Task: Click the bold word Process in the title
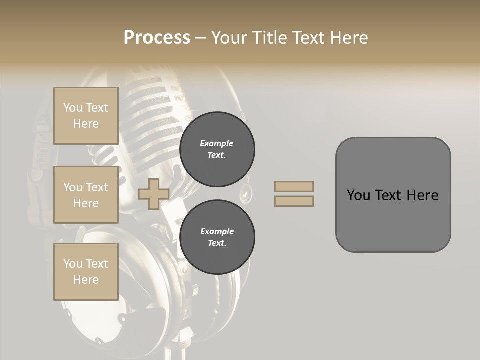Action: pos(157,38)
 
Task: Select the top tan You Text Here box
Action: pos(86,116)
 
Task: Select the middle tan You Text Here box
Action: pos(86,195)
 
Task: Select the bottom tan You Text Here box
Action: pos(86,271)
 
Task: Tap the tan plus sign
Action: pos(153,194)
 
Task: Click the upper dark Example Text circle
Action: pos(217,149)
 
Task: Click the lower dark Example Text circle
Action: pos(217,237)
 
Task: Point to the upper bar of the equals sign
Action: pos(294,186)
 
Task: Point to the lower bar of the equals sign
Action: pos(294,201)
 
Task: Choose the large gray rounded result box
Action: pos(393,220)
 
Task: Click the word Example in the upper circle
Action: pos(217,143)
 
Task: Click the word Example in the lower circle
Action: pos(217,231)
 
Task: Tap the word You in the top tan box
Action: pos(72,108)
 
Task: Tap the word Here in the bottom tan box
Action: pos(86,280)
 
